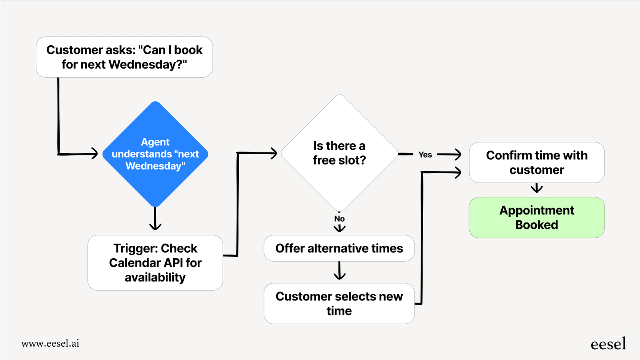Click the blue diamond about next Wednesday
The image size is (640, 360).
point(155,154)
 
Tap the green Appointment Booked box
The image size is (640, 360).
point(536,218)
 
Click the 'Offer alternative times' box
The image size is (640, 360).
point(339,248)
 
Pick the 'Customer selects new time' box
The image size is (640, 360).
point(339,303)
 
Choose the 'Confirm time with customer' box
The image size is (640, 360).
point(536,163)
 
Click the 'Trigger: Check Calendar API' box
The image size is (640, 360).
point(155,262)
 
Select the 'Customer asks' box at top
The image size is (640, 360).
point(124,57)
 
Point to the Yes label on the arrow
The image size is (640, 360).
point(425,155)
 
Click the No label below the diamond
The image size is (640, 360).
point(339,219)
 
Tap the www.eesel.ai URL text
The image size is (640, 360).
point(50,343)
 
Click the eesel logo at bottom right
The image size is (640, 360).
point(608,344)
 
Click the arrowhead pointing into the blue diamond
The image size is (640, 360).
point(94,154)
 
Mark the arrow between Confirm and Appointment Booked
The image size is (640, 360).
point(536,189)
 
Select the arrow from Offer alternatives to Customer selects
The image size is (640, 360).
point(339,271)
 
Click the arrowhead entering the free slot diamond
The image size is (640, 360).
point(273,153)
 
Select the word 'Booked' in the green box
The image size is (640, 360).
point(536,225)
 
